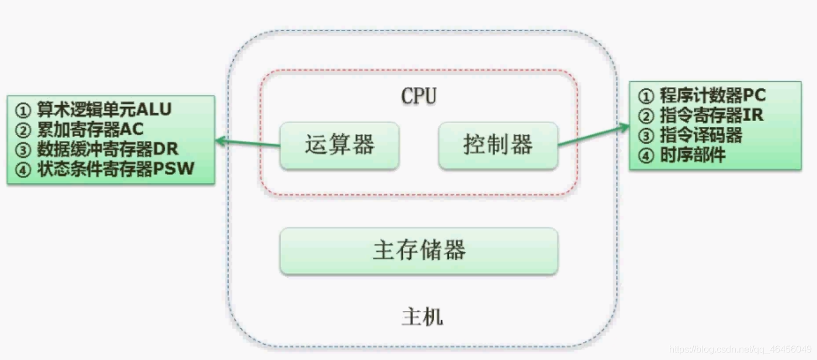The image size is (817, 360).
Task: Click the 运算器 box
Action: [340, 146]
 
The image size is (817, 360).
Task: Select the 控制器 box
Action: [498, 146]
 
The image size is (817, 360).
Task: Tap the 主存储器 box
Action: [419, 251]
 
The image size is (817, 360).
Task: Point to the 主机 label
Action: [422, 317]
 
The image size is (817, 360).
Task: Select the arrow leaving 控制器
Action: [593, 135]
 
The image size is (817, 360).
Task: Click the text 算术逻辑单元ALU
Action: [105, 110]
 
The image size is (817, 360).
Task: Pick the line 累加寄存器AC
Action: [91, 129]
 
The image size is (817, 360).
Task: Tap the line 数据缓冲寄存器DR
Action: [108, 149]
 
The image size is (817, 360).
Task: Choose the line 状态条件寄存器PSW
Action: [116, 169]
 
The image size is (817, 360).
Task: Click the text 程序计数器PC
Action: [712, 95]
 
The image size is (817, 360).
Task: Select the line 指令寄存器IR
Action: [711, 115]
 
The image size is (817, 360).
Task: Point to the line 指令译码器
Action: [701, 136]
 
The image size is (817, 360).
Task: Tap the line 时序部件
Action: [693, 155]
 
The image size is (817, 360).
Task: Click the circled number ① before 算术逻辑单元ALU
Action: [22, 110]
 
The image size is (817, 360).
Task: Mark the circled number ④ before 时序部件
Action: [645, 156]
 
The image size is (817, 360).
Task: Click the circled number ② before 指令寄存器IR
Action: [645, 116]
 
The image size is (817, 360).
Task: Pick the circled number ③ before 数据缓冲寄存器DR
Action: [22, 150]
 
